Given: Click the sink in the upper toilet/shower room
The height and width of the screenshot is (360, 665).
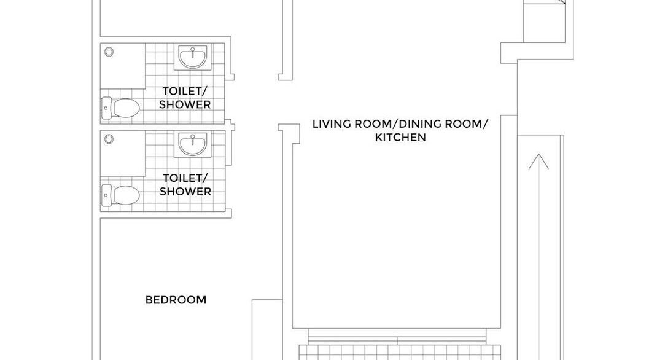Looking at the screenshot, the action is point(193,57).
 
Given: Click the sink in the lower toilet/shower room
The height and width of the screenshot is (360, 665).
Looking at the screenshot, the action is point(193,144).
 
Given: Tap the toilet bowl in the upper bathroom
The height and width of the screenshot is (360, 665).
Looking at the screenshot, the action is point(126,108).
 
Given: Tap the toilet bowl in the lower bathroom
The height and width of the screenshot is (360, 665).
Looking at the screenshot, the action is point(126,195).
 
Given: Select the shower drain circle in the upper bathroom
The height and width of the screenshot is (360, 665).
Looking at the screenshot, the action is point(109,52).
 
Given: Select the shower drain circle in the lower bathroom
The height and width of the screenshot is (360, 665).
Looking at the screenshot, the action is point(109,139).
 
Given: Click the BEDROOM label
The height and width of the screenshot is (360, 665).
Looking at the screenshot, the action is point(176,300).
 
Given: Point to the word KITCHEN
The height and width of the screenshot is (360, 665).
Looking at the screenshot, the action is point(400,138).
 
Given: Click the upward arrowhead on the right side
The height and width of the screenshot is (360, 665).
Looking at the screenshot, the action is point(539,162).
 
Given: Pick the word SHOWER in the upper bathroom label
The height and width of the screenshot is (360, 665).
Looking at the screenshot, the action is point(185,104).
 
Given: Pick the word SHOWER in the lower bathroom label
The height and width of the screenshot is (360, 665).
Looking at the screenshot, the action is point(185,192).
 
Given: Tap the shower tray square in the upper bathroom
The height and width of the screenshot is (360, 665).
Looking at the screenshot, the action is point(123,66).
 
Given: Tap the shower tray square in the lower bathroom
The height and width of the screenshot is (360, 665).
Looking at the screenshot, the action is point(123,153).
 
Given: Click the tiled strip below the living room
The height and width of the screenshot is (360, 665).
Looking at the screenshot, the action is point(400,353).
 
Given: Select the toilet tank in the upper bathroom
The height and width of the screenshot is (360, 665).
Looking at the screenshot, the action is point(106,108).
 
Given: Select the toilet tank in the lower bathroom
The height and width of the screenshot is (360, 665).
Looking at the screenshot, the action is point(106,195).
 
